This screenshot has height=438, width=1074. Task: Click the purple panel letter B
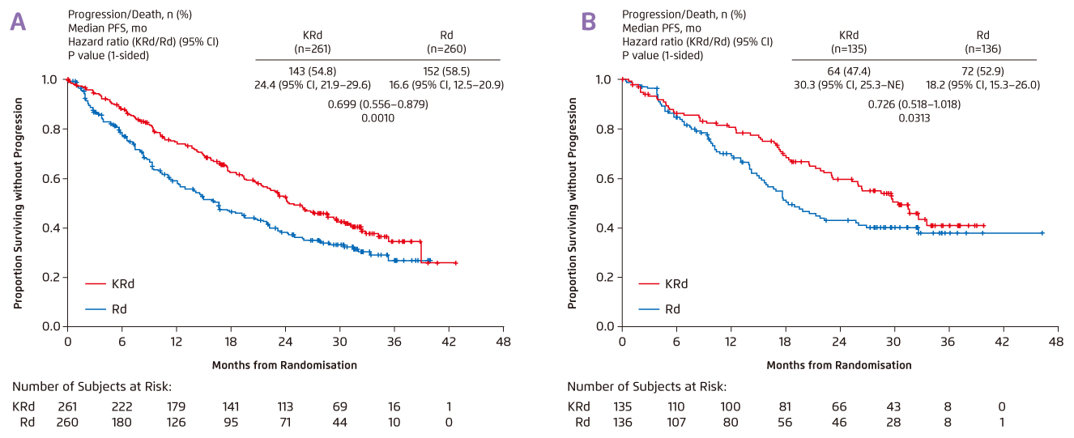tap(589, 22)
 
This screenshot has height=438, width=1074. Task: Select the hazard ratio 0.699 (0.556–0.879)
tap(378, 104)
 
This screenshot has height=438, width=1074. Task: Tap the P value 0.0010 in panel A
tap(377, 118)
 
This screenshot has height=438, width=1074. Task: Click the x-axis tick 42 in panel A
tap(450, 342)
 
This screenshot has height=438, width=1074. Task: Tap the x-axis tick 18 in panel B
tap(785, 342)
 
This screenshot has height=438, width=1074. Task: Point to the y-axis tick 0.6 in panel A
tap(49, 178)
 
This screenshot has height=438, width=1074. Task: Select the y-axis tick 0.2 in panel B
tap(603, 277)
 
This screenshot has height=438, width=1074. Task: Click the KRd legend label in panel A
tap(121, 283)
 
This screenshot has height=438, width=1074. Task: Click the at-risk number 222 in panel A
tap(122, 406)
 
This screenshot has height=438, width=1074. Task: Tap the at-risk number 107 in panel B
tap(676, 422)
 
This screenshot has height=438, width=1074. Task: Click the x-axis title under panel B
tap(838, 365)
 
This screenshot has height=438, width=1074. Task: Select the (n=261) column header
tap(308, 48)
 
